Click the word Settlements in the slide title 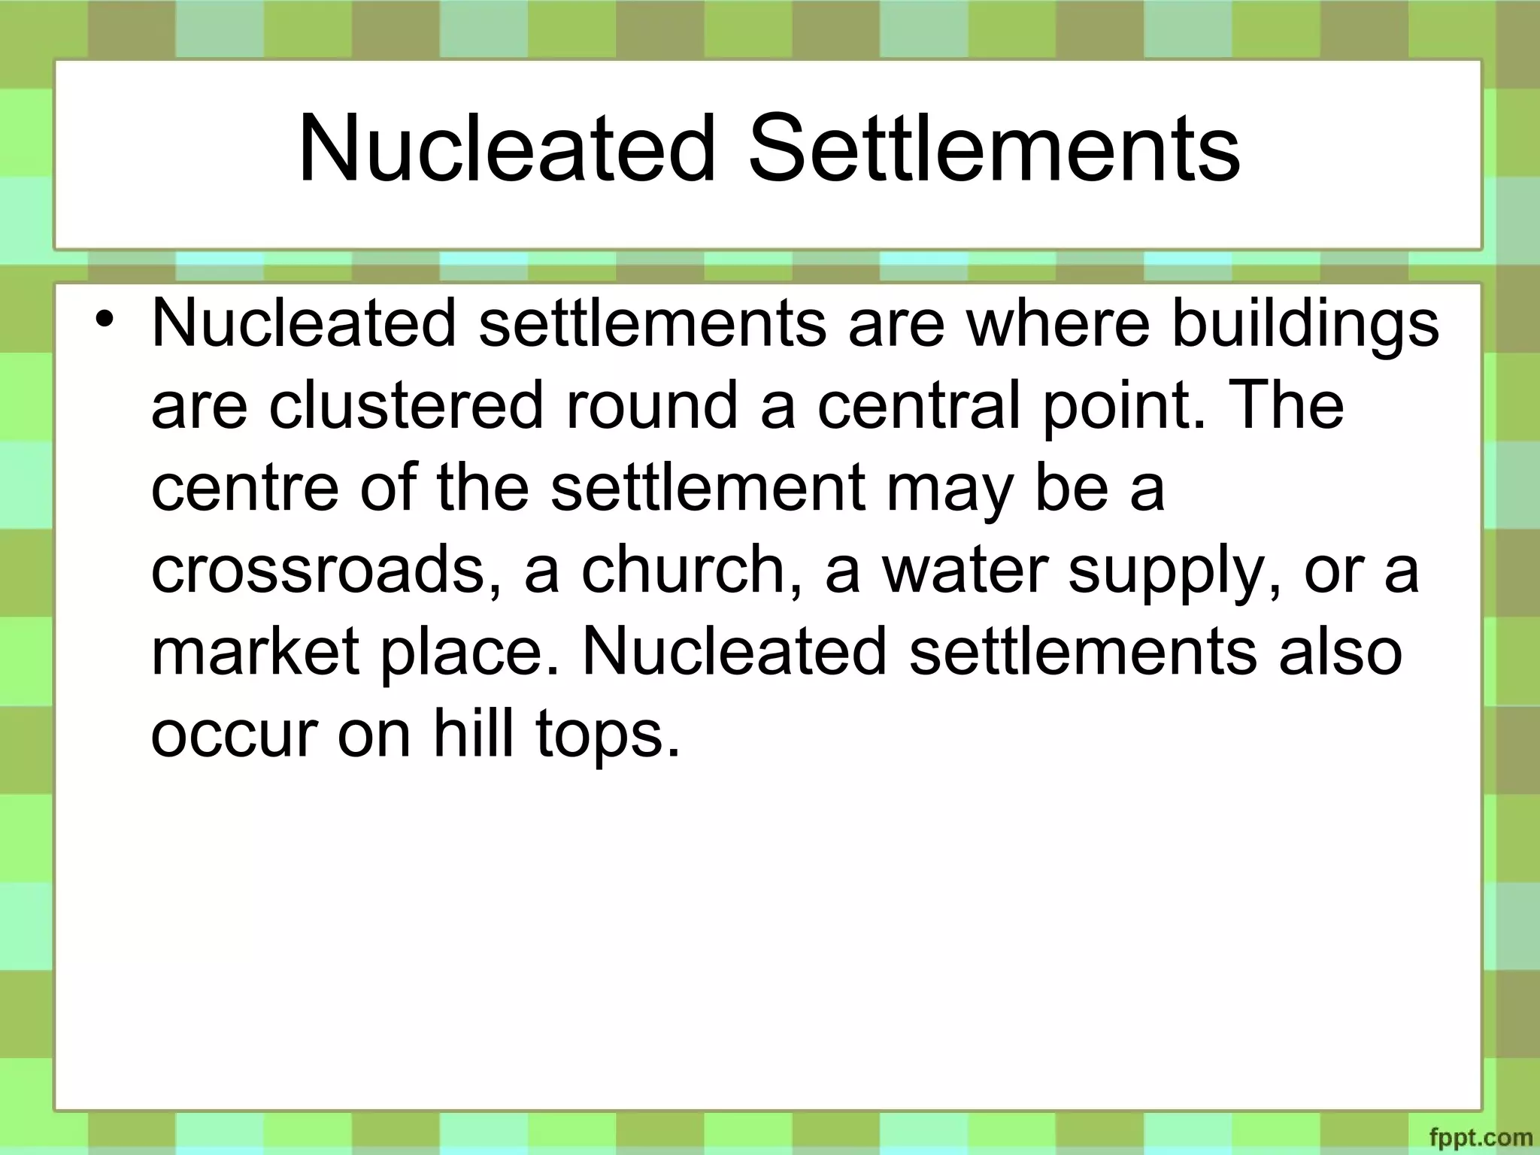(x=994, y=148)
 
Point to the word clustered (x=406, y=406)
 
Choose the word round (x=651, y=406)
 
